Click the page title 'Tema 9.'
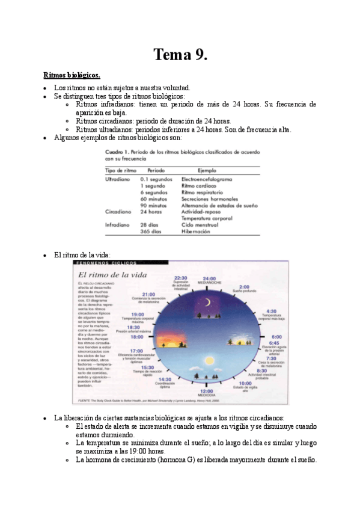coord(180,55)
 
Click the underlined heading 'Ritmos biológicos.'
coord(71,75)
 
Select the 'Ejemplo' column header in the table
coord(207,170)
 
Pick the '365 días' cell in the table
coord(150,231)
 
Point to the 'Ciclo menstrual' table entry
coord(199,224)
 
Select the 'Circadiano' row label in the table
coord(118,212)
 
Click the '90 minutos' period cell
coord(153,205)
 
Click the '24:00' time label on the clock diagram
coord(209,278)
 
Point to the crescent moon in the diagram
coord(206,303)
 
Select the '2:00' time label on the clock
coord(243,286)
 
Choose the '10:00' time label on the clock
coord(245,383)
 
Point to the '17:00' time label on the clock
coord(136,350)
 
